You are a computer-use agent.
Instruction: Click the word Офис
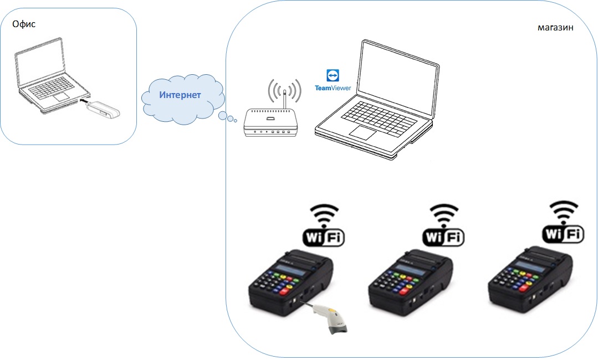coord(24,24)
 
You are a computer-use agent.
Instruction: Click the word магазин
coord(555,28)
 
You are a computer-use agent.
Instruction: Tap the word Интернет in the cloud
coord(180,95)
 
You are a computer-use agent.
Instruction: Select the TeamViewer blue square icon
coord(333,75)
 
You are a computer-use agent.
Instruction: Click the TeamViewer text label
coord(333,88)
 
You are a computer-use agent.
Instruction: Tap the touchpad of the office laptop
coord(62,96)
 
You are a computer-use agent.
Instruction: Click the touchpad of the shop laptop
coord(363,133)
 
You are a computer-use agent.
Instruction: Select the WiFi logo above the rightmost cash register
coord(563,222)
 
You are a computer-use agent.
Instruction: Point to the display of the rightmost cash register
coord(530,266)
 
